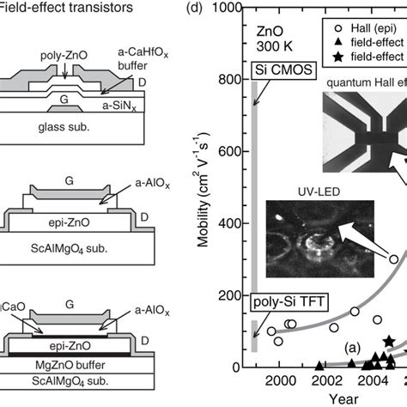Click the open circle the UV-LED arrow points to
pyautogui.click(x=394, y=258)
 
